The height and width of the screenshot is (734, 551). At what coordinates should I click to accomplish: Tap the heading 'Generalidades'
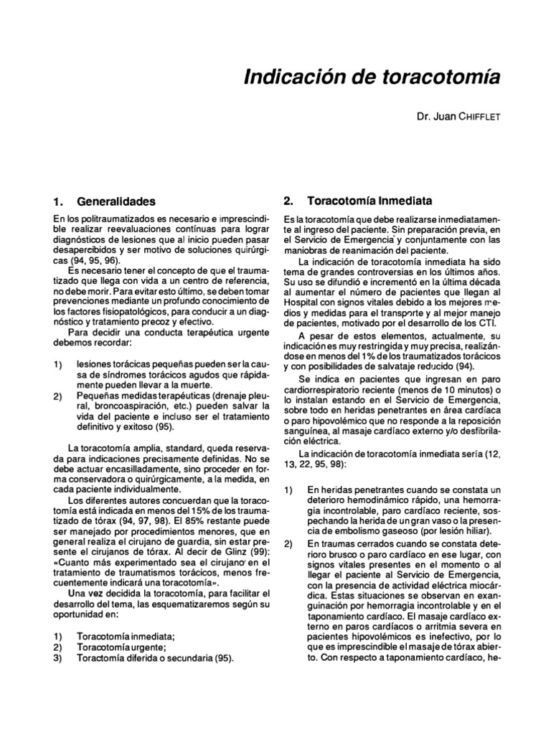click(x=116, y=201)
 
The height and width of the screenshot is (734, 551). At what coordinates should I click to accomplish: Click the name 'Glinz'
click(x=229, y=554)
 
